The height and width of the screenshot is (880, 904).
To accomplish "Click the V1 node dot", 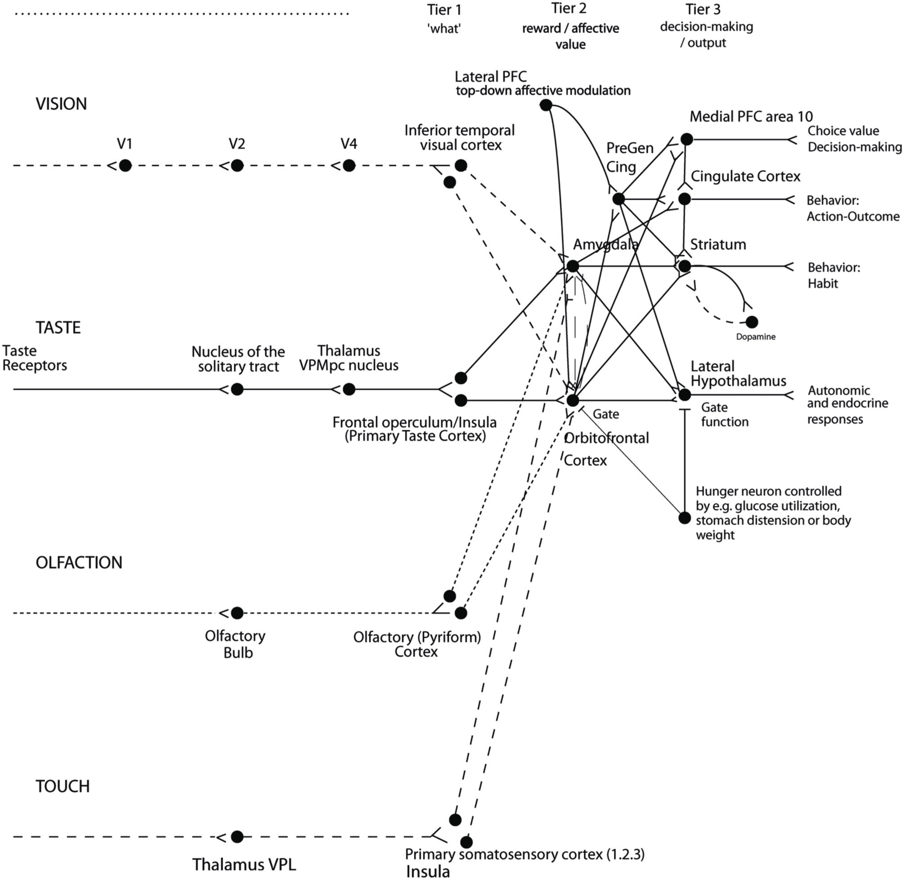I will coord(125,165).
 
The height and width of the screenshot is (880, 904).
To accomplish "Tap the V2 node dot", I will coord(237,165).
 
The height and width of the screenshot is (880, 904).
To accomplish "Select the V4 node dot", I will coord(349,165).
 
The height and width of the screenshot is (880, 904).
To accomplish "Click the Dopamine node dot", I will coord(751,322).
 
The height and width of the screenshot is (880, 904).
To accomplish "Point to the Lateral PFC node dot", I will coord(546,105).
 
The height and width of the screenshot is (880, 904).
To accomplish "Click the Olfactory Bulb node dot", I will coord(237,613).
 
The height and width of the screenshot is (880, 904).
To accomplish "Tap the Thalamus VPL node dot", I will coord(237,837).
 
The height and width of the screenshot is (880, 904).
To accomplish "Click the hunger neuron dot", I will coord(685,518).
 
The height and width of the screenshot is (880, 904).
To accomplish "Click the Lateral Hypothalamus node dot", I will coord(685,395).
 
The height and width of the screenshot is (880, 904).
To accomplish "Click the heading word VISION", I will coord(61,104).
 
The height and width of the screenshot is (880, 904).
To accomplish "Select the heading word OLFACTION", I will coord(79,562).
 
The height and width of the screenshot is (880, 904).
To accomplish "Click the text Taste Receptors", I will coord(34,358).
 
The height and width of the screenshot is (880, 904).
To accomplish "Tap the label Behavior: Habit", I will coord(833,275).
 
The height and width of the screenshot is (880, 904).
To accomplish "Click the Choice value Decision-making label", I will coord(854,139).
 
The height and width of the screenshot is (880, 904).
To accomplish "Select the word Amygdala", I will coord(606,245).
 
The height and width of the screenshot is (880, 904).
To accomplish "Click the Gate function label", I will coord(724,415).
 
